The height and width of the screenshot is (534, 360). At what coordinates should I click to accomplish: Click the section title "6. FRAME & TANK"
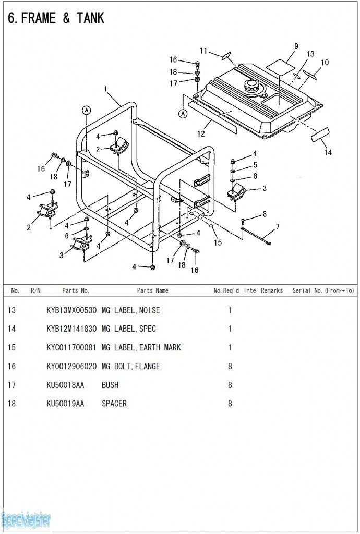[56, 18]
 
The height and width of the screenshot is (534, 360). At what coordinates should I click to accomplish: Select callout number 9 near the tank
[296, 46]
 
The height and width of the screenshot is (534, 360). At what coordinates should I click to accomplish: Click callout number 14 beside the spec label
[328, 152]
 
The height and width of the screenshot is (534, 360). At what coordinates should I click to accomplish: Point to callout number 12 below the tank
[201, 133]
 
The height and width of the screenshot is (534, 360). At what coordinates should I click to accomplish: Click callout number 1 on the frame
[105, 89]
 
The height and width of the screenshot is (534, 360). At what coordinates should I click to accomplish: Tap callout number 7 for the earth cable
[278, 227]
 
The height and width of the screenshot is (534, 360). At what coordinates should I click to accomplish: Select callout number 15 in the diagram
[218, 242]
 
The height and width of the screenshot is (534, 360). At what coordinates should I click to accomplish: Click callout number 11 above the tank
[203, 51]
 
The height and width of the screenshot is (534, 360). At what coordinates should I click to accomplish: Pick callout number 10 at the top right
[325, 63]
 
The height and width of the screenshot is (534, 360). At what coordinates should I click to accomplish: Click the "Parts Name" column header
[152, 290]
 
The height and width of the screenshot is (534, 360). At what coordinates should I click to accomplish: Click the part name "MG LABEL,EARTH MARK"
[141, 348]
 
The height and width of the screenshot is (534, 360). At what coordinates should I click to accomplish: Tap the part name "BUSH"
[110, 385]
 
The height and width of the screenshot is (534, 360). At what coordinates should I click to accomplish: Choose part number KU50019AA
[65, 404]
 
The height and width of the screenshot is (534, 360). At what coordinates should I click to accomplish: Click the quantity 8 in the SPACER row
[230, 404]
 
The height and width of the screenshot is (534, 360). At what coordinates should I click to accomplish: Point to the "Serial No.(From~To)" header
[323, 290]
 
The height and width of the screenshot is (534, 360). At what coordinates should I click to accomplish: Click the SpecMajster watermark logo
[26, 520]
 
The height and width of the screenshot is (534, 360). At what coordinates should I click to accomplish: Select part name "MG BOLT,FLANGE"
[131, 367]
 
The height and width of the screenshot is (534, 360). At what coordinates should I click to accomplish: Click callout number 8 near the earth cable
[265, 214]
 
